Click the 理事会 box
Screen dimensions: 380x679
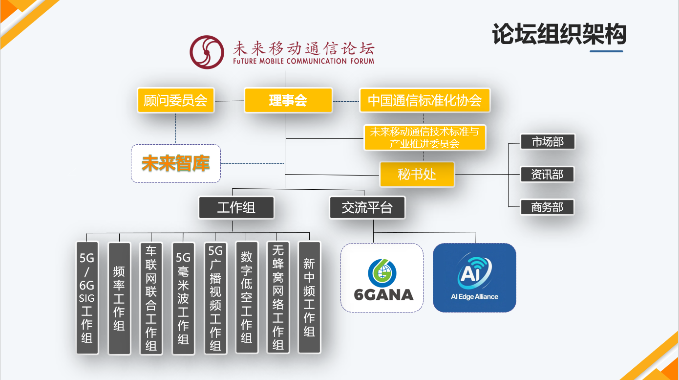pos(288,100)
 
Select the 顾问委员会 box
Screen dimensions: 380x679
pos(176,100)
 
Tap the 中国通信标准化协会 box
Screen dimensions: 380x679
pos(424,100)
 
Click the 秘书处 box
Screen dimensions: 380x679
pos(417,174)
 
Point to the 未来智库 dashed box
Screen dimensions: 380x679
pos(176,163)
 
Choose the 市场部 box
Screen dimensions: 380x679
pos(547,142)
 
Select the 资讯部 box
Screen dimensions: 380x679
pos(547,174)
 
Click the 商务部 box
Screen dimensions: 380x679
pos(547,207)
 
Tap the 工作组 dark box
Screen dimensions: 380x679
pos(236,207)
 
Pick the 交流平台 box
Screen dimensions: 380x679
pos(367,207)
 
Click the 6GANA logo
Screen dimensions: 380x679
pos(382,277)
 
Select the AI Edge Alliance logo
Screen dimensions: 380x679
pos(474,277)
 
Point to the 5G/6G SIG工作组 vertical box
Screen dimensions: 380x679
pos(87,297)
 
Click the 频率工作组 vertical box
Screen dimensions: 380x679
pos(119,298)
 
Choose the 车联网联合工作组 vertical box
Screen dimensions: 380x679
pos(151,298)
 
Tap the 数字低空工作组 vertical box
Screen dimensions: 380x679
pos(247,297)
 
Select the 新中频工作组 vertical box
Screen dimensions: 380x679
pos(309,297)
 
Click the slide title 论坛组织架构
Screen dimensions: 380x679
pos(559,34)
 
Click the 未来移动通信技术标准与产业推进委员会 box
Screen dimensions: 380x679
pos(424,137)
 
